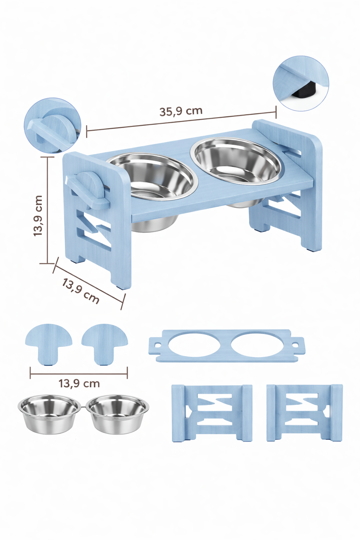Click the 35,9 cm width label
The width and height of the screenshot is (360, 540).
(x=181, y=111)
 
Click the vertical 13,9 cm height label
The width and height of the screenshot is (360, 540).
(x=38, y=216)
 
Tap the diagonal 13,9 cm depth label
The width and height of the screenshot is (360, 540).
(x=81, y=291)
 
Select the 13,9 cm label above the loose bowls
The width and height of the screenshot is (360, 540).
(x=79, y=383)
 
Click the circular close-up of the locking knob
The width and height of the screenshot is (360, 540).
(x=53, y=126)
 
